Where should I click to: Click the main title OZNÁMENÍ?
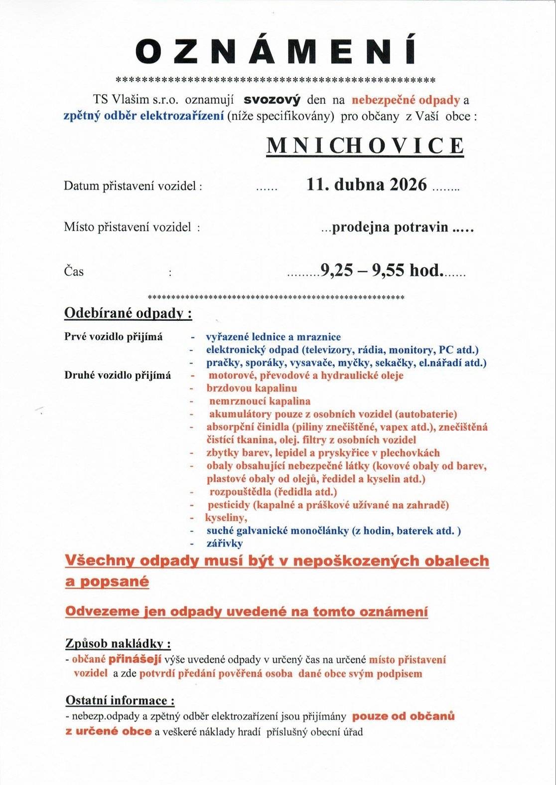tap(276, 52)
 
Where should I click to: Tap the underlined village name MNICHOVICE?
tap(365, 145)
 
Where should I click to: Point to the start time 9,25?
tap(336, 271)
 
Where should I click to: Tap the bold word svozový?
tap(272, 100)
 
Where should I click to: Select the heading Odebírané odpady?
tap(128, 314)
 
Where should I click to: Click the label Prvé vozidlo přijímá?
tap(114, 337)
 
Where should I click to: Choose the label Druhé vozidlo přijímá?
tap(118, 375)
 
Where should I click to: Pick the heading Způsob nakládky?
tap(119, 644)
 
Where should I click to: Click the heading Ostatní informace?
tap(120, 701)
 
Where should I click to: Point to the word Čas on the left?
tap(74, 272)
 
